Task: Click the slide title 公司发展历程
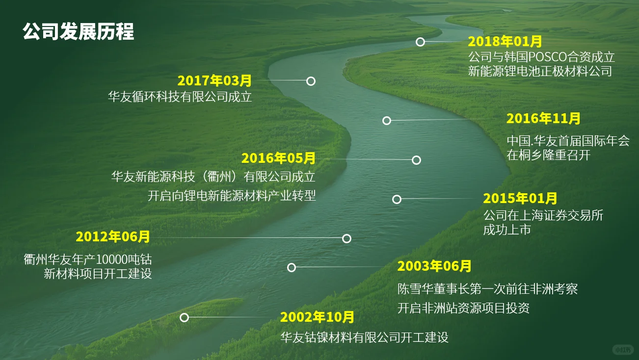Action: click(x=79, y=32)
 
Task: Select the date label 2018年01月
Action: click(x=505, y=41)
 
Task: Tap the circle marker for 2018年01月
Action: click(x=420, y=42)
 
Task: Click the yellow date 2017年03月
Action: click(x=214, y=80)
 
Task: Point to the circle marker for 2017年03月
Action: click(x=311, y=81)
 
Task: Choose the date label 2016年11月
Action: click(x=543, y=118)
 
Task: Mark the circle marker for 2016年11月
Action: click(x=387, y=120)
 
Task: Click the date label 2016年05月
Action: click(x=278, y=158)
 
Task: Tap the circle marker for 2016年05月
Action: click(x=416, y=160)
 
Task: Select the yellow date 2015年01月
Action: click(x=520, y=199)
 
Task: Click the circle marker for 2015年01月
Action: click(x=397, y=199)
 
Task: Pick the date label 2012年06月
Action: click(x=113, y=237)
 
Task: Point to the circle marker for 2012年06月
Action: click(x=346, y=238)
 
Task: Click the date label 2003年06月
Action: click(x=434, y=266)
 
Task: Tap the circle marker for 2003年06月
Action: click(x=292, y=267)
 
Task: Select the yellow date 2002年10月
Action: click(x=317, y=317)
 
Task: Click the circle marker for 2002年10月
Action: click(x=184, y=317)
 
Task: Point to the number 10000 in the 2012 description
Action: click(x=111, y=259)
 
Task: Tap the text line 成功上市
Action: click(x=507, y=230)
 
